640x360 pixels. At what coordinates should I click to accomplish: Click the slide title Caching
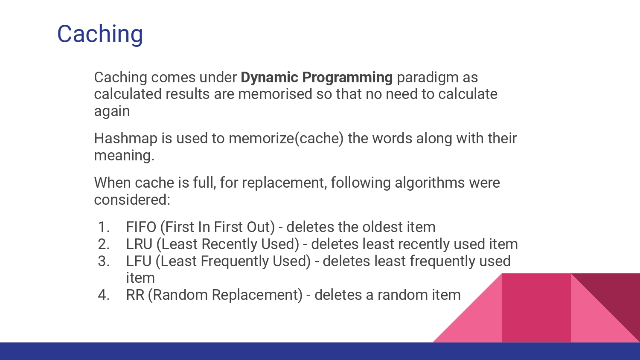pos(100,34)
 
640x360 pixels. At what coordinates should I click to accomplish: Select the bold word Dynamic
pos(269,78)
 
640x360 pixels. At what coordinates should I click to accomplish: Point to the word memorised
pos(275,94)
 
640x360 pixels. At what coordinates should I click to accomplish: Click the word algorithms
pos(430,183)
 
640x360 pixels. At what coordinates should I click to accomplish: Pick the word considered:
pos(132,200)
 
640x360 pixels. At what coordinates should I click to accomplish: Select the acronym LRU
pos(139,244)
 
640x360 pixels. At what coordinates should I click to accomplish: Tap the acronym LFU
pos(139,261)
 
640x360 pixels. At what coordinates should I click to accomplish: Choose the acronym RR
pos(135,295)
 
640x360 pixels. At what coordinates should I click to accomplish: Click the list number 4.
pos(104,295)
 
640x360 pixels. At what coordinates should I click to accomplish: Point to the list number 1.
pos(104,227)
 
